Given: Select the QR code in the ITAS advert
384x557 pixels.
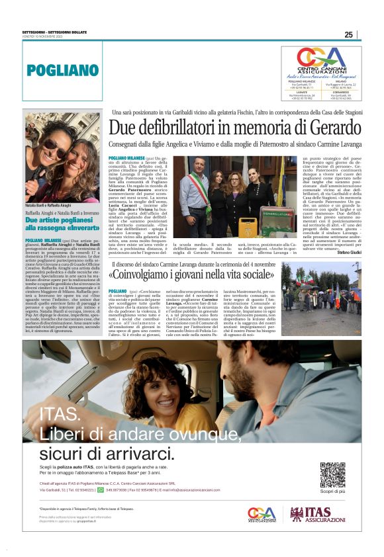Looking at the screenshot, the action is click(x=332, y=474).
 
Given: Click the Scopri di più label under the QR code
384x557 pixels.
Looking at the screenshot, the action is click(x=332, y=492).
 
